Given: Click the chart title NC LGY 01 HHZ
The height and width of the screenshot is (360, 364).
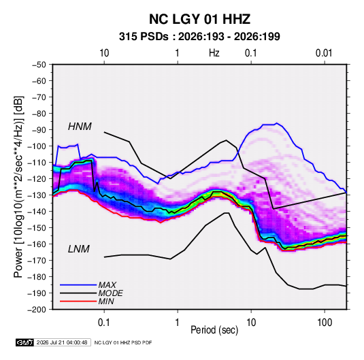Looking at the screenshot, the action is coord(199,19).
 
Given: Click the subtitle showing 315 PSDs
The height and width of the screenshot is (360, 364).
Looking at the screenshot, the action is coord(199,37).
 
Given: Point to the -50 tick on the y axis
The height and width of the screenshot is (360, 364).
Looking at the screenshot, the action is coord(39,65).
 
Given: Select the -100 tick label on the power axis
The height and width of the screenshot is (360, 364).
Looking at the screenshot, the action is coord(37,146).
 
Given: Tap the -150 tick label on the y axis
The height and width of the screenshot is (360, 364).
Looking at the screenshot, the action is coord(37,228).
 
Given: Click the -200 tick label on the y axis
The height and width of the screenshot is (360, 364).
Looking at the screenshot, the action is coord(37,310).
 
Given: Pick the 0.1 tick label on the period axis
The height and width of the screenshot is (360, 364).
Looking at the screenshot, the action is coord(104,323).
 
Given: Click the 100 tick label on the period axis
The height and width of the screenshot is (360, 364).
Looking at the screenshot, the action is coord(325,323).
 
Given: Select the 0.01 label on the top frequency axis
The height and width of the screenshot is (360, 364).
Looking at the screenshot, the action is coord(324,53).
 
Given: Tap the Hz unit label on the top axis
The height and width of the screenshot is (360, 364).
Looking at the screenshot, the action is coord(214,53).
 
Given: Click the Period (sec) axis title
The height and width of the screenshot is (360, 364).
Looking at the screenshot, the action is coord(214,330).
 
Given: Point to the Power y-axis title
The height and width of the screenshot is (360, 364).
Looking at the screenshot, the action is coord(18,187).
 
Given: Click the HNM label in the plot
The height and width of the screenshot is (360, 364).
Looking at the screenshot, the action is coord(80,127).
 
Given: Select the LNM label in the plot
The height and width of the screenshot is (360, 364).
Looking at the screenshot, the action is coord(79,249).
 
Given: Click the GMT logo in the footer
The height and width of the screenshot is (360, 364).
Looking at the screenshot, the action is coord(24,342).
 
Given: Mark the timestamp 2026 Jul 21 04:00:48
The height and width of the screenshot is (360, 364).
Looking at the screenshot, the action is coord(62,342).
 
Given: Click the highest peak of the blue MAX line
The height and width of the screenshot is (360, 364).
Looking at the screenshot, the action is coord(276,123).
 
